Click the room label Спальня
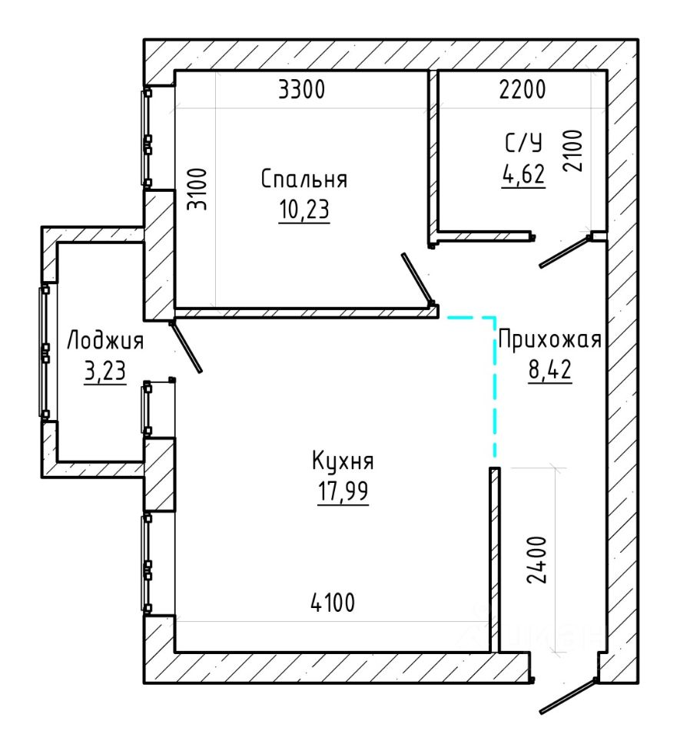(x=304, y=179)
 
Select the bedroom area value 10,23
(x=304, y=209)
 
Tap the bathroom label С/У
(x=523, y=143)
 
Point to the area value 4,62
(x=523, y=174)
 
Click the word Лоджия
(x=104, y=340)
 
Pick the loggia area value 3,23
(x=105, y=372)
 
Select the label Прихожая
(x=549, y=339)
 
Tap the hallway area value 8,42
(x=550, y=370)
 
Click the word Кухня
(x=343, y=461)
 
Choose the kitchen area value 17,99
(x=343, y=491)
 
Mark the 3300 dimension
(x=301, y=89)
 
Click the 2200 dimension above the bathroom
(x=522, y=89)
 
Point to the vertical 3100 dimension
(x=197, y=189)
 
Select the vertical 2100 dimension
(x=573, y=150)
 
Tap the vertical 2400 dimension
(x=537, y=560)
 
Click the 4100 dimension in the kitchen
(x=333, y=603)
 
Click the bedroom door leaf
(x=416, y=278)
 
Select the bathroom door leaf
(x=564, y=253)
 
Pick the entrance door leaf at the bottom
(x=568, y=696)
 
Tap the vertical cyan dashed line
(x=494, y=387)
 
